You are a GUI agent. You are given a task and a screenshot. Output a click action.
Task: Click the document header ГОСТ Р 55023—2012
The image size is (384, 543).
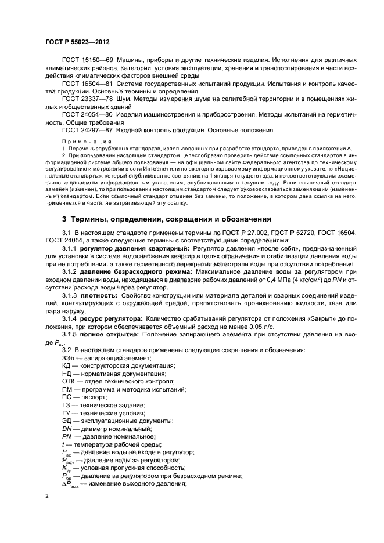[x=77, y=42]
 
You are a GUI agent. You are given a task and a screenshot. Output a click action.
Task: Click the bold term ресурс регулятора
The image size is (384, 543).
[x=109, y=318]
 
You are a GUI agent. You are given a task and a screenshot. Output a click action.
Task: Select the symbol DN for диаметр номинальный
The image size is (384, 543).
[x=67, y=428]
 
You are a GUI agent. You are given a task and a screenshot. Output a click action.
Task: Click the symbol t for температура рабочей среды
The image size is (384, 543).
[x=63, y=444]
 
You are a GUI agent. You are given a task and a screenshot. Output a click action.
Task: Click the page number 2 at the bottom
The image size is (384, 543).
[x=48, y=497]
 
